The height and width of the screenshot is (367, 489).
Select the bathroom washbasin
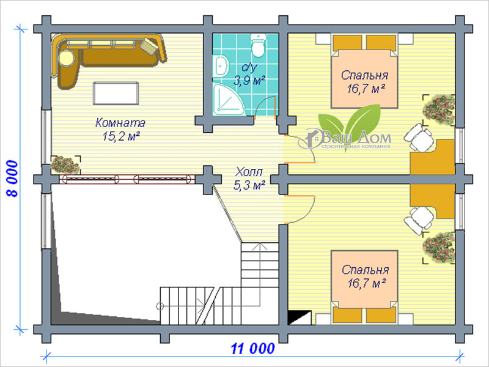click(x=221, y=66)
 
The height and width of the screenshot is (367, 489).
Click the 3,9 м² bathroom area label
click(x=249, y=81)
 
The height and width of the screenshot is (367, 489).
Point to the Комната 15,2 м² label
click(x=120, y=129)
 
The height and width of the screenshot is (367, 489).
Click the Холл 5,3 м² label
click(x=249, y=179)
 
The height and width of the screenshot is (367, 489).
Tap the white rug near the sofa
click(x=116, y=93)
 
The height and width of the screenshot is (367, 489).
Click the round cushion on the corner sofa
click(x=67, y=57)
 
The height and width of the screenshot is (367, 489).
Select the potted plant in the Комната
click(x=65, y=164)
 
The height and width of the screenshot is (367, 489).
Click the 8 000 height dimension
click(x=12, y=179)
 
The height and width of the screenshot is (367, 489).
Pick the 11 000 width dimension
click(x=253, y=348)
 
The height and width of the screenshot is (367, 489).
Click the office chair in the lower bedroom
click(x=419, y=220)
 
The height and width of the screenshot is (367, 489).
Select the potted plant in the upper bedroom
click(x=438, y=110)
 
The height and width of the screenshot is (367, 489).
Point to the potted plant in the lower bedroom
click(x=438, y=248)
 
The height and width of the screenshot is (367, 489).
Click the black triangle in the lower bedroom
click(x=297, y=317)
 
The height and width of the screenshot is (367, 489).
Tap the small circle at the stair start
click(x=160, y=306)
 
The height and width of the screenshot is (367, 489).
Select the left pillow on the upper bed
click(x=347, y=43)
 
